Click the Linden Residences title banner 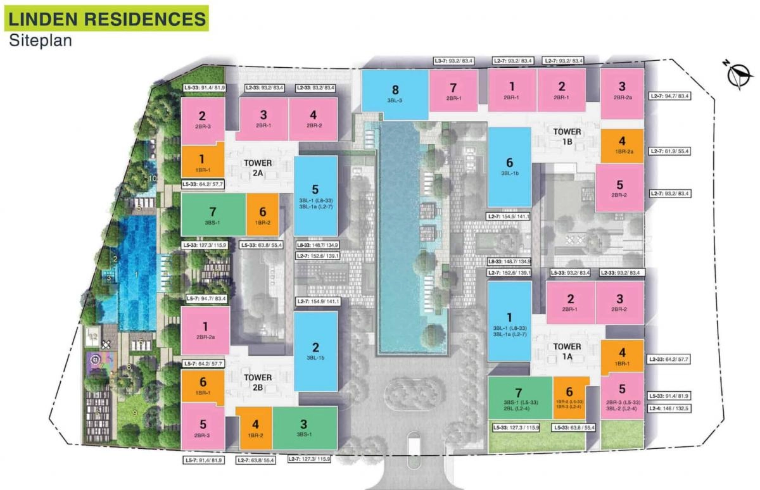click(x=106, y=18)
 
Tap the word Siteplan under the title click(x=41, y=41)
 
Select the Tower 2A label click(x=258, y=167)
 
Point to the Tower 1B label click(x=567, y=137)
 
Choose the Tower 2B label click(x=258, y=381)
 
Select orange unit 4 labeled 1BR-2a click(x=622, y=146)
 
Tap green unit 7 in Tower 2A click(x=213, y=215)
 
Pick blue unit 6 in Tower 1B click(x=509, y=166)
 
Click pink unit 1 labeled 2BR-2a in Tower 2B click(x=205, y=330)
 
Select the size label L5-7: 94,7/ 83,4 click(x=206, y=298)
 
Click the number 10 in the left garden click(x=152, y=179)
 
